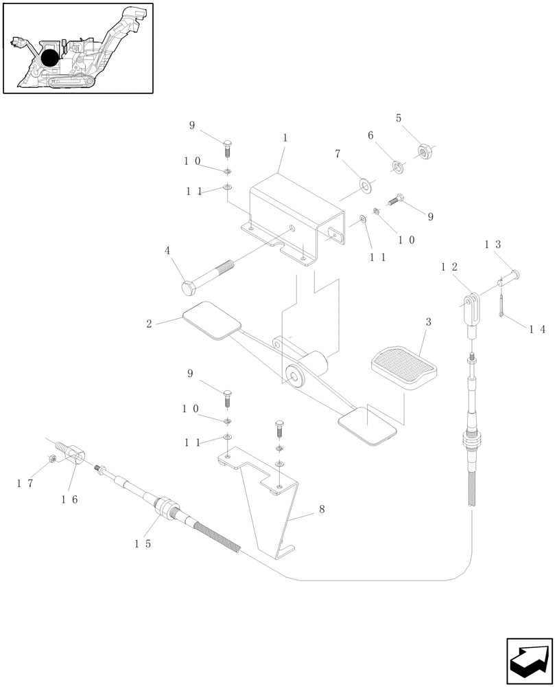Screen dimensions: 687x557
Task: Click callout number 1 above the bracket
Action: coord(285,138)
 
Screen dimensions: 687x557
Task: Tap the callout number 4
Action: coord(167,251)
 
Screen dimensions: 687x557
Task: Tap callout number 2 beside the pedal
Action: coord(150,323)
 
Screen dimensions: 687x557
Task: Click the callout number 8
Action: coord(321,510)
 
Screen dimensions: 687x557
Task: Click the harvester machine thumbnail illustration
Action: coord(78,48)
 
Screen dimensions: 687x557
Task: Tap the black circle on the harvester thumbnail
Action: coord(49,58)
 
